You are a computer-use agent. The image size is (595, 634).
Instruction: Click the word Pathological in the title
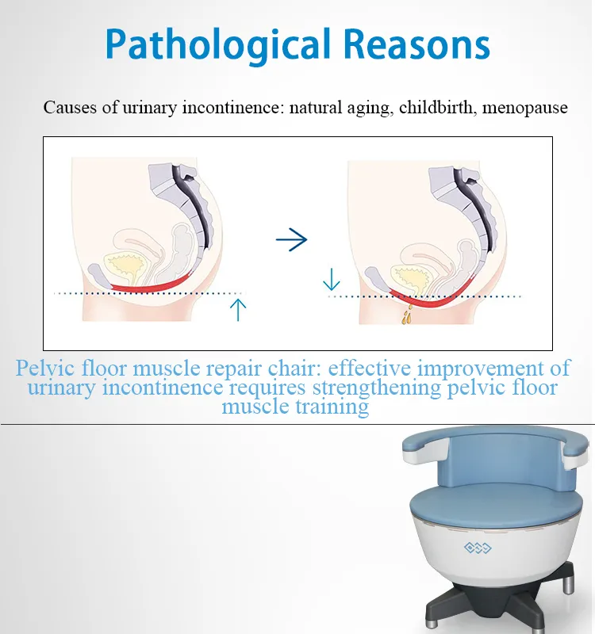pos(217,45)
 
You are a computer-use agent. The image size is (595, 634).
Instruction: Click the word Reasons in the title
pos(416,44)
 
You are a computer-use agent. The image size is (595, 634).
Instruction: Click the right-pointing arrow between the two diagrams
pos(291,240)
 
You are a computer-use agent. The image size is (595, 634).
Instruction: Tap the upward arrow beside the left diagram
pos(238,310)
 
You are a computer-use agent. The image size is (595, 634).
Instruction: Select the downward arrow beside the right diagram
pos(332,280)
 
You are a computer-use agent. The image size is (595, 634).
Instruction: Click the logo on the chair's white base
pos(478,548)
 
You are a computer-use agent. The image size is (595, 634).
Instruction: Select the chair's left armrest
pos(425,449)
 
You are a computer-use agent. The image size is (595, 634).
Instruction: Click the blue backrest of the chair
pos(507,461)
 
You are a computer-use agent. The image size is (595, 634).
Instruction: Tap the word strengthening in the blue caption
pos(376,388)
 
